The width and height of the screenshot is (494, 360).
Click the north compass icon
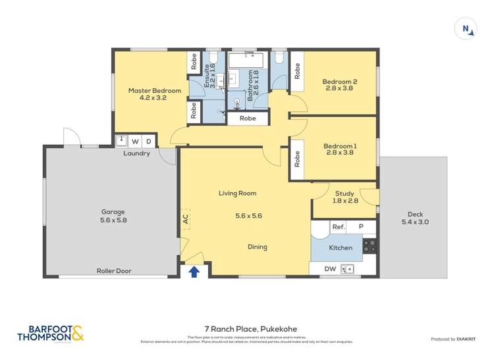pos(466,29)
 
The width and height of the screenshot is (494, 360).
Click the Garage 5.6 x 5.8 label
pos(109,216)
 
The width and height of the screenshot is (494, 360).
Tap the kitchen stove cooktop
pos(370,246)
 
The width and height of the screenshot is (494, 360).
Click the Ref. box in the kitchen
pos(339,227)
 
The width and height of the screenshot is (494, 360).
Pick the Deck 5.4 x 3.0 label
pos(415,218)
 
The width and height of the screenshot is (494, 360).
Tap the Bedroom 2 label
pos(340,85)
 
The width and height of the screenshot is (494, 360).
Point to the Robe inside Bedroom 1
pos(297,160)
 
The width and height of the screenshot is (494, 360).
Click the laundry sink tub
pos(121,141)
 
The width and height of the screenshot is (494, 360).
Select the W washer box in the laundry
pos(136,141)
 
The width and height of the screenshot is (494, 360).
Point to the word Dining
pos(257,247)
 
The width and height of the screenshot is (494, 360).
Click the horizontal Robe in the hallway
pos(248,119)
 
